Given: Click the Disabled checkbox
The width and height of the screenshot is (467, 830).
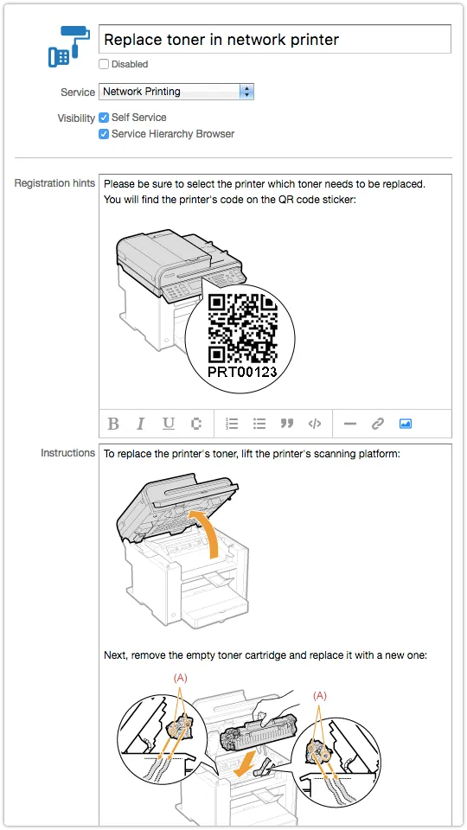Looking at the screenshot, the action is [x=104, y=64].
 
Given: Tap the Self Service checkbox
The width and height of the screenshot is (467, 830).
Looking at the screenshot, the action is [x=104, y=118].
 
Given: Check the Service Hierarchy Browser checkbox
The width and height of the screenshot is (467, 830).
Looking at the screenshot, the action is [x=104, y=134].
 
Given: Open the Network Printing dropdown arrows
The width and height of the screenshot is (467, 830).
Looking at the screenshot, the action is [x=246, y=92].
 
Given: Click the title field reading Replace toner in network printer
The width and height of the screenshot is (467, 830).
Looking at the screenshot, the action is [x=275, y=39].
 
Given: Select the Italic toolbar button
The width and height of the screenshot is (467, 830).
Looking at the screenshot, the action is [x=140, y=424].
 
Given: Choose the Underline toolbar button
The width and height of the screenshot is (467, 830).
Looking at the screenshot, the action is [x=169, y=424].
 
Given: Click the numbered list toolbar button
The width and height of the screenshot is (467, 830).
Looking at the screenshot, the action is [x=232, y=424].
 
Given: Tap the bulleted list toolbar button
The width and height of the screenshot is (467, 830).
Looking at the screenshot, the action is [x=259, y=424].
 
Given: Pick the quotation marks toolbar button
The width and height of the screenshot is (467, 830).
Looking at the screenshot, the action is [x=287, y=424].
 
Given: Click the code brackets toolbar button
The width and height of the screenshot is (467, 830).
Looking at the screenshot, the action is [x=315, y=424].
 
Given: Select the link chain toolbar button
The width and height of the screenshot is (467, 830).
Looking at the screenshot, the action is [x=378, y=424].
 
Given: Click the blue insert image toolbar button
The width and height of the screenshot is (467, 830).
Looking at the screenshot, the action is [x=405, y=424].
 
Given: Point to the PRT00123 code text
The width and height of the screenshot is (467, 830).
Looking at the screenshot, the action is [x=242, y=372].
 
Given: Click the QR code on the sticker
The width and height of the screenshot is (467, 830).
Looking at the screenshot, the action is [x=242, y=329].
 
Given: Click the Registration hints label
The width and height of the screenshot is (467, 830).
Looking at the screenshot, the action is [x=54, y=183].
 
